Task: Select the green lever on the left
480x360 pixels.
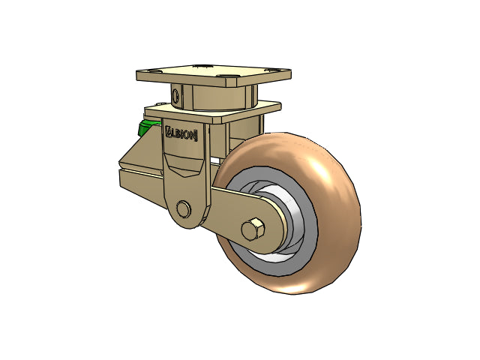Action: pyautogui.click(x=144, y=129)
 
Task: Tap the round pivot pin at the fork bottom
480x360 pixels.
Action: pyautogui.click(x=182, y=208)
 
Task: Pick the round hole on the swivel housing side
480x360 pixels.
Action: pyautogui.click(x=175, y=95)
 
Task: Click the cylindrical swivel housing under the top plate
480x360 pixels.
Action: pyautogui.click(x=217, y=97)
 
